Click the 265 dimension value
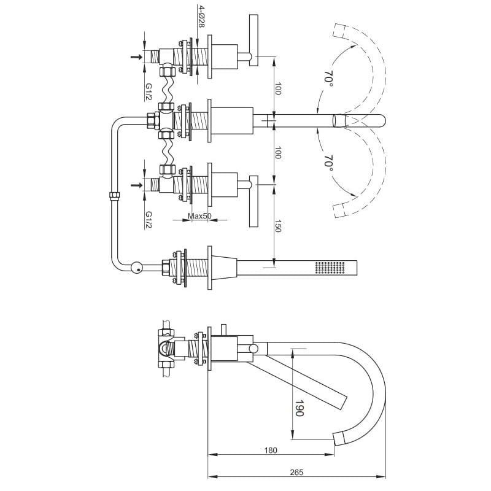pos(296,472)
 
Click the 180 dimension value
pos(271,450)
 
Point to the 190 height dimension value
pos(300,408)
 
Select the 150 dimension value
pos(278,226)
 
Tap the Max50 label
pos(199,216)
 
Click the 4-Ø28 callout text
pos(201,16)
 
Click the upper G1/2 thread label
pos(149,92)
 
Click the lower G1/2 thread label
pos(149,220)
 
